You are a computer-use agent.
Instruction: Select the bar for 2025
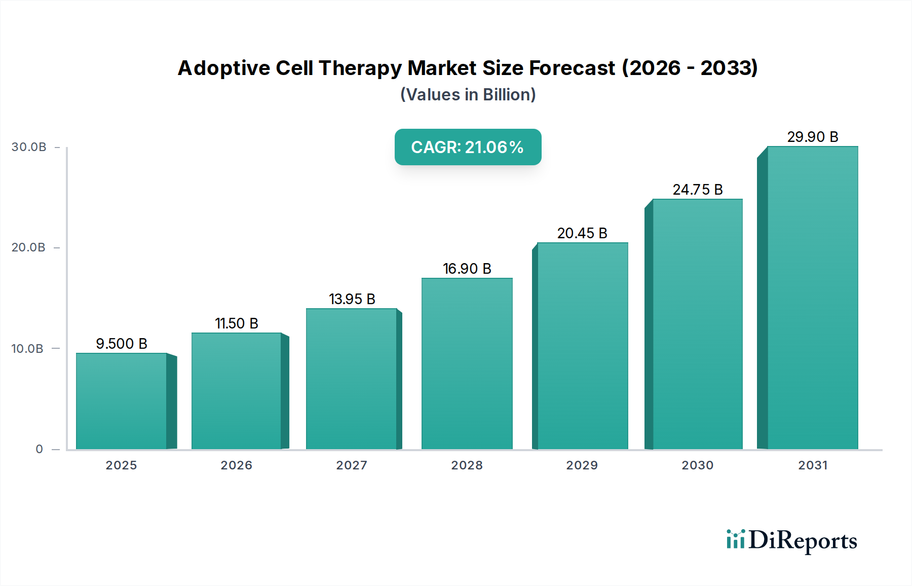pos(122,401)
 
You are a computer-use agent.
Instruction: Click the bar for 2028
pos(467,363)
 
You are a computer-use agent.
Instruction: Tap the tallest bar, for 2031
pos(812,298)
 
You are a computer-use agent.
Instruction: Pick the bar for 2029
pos(582,346)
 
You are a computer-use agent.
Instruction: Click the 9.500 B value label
pos(122,344)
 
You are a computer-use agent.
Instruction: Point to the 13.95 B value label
pos(352,299)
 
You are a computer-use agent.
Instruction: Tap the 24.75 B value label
pos(698,190)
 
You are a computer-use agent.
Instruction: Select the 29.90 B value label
pos(813,137)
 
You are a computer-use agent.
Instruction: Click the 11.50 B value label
pos(237,323)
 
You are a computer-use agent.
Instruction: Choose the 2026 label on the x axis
pos(236,465)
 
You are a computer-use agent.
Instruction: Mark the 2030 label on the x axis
pos(697,465)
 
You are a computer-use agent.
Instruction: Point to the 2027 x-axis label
pos(352,465)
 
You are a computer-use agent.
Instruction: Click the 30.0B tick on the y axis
pos(29,147)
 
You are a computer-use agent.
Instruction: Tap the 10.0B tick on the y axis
pos(27,349)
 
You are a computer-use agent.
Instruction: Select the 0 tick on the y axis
pos(39,449)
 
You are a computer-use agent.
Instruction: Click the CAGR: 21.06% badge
pos(468,147)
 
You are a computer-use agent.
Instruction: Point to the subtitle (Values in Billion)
pos(468,95)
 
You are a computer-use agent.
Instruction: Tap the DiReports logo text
pos(803,540)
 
